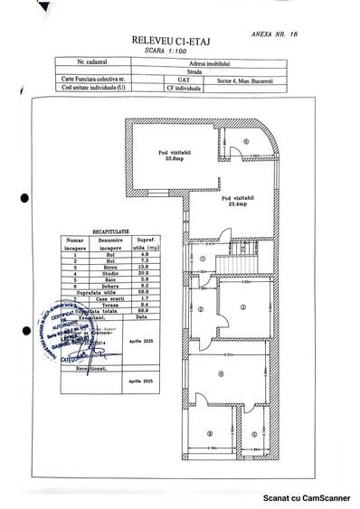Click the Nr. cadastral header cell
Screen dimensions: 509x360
click(x=93, y=64)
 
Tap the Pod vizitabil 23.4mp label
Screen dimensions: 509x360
click(x=233, y=200)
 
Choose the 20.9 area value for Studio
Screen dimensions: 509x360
click(x=128, y=275)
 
